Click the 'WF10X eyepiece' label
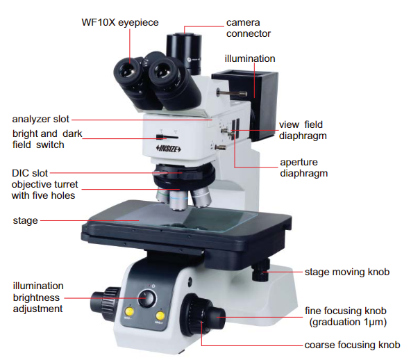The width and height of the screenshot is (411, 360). [x=120, y=22]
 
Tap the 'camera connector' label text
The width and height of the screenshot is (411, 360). [x=249, y=28]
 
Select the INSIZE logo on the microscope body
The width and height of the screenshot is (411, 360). [x=168, y=149]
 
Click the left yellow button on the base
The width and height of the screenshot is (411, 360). [x=130, y=311]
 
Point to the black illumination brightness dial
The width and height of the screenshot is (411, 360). [x=146, y=299]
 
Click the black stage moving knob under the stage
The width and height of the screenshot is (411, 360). [x=260, y=270]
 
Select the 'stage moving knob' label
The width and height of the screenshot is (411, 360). [x=347, y=272]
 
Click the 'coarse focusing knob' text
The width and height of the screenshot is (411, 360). [x=352, y=345]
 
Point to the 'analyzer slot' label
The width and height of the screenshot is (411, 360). [x=41, y=119]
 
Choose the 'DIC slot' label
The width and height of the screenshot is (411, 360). [x=30, y=173]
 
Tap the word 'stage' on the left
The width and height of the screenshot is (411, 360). [x=26, y=221]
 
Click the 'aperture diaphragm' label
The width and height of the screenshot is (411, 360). [x=304, y=167]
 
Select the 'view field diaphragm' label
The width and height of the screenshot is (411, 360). [x=303, y=130]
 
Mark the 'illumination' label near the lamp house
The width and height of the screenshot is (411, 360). [x=250, y=58]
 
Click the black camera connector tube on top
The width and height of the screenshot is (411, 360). [x=185, y=53]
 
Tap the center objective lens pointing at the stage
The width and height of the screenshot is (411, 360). [x=178, y=200]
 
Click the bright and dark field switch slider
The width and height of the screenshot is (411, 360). [x=167, y=137]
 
